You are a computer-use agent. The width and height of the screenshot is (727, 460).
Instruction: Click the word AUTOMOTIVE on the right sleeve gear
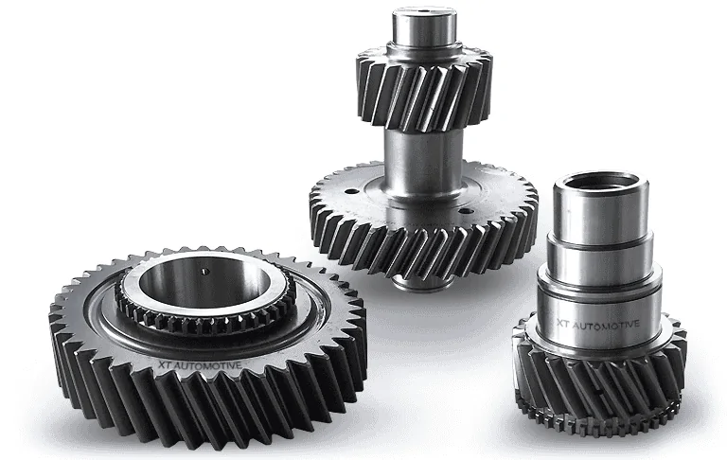[x=606, y=325]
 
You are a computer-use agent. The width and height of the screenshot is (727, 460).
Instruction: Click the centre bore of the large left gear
[x=204, y=281]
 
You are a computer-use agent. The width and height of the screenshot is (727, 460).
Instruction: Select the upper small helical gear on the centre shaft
[x=424, y=87]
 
